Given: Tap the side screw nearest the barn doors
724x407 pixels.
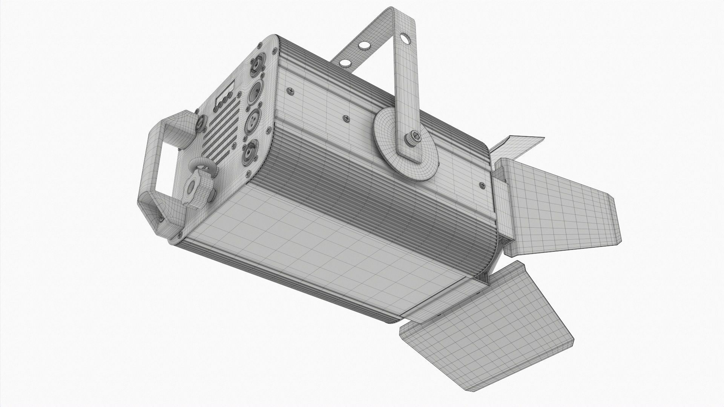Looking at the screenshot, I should point(482,185).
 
